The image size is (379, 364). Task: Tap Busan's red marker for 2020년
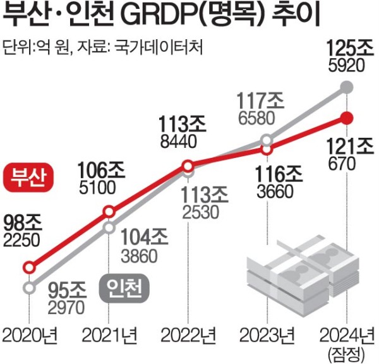click(29, 267)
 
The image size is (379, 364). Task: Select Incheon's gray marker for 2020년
click(29, 288)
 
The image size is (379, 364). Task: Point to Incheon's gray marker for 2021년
click(109, 227)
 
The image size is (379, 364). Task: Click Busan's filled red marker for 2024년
click(346, 118)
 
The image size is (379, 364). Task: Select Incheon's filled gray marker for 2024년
click(346, 86)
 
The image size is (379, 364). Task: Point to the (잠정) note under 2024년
click(346, 351)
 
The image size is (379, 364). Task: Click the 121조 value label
click(346, 147)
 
